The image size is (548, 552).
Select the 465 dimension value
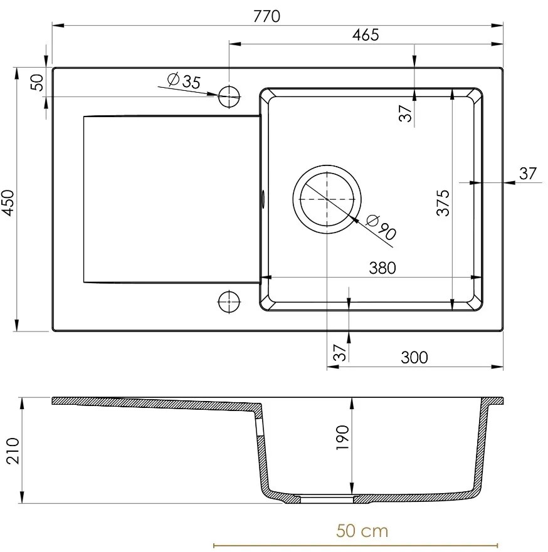(365, 35)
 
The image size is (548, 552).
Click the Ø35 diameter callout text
(184, 81)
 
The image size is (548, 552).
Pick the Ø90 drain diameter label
(380, 227)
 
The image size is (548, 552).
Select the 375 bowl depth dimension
(443, 202)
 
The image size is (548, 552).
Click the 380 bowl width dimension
(382, 268)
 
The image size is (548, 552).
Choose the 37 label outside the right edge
(528, 173)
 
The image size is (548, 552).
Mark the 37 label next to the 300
(339, 353)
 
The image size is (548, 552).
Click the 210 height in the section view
(13, 449)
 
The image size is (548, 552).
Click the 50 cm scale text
(362, 531)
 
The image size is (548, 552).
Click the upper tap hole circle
(229, 96)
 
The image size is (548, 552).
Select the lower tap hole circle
(229, 302)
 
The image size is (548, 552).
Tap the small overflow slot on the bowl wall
(263, 199)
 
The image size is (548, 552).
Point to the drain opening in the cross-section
(327, 499)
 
